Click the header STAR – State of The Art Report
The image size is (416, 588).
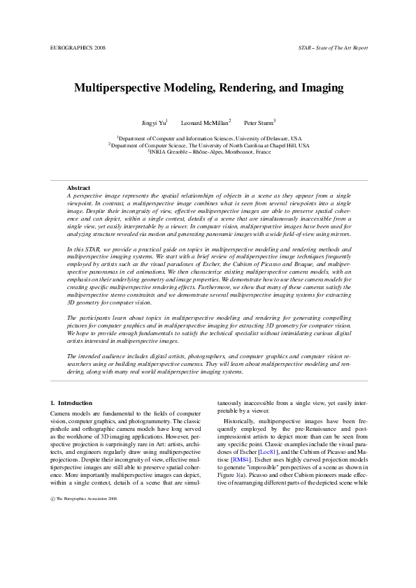click(332, 47)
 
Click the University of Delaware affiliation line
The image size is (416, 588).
click(209, 139)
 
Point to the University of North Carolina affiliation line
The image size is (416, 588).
click(209, 145)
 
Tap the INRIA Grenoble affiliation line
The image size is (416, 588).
click(209, 152)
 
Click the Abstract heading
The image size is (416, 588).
click(78, 188)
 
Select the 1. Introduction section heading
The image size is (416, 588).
click(72, 404)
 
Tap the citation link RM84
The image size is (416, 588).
click(239, 462)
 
